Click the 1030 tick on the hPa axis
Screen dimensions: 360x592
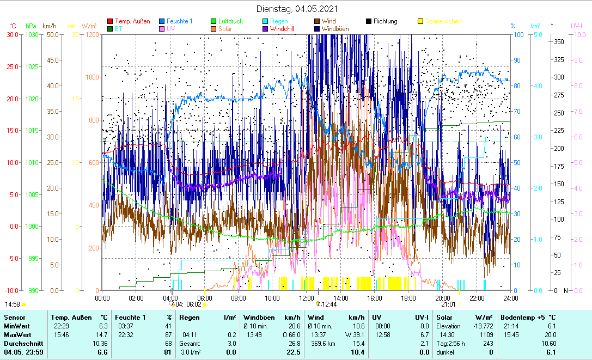click(x=32, y=34)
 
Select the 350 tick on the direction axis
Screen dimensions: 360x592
click(x=558, y=41)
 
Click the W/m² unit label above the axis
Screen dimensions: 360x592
click(x=89, y=26)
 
